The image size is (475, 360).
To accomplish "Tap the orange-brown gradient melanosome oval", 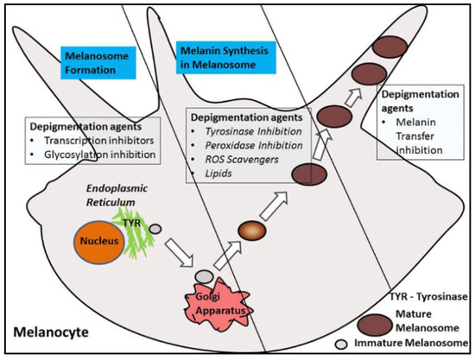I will click(250, 231).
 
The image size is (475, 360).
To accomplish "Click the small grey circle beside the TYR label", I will click(156, 228).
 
